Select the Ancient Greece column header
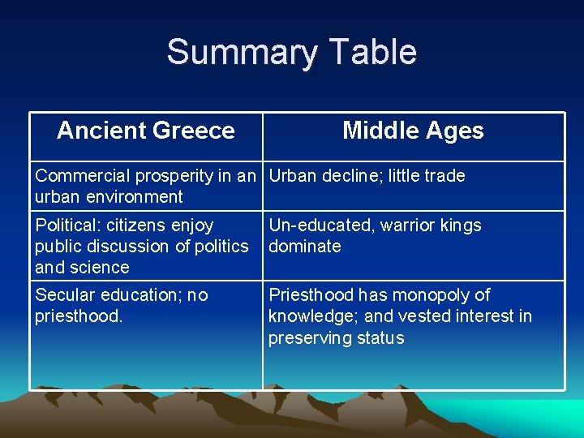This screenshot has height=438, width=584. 146,131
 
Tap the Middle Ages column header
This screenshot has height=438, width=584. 413,131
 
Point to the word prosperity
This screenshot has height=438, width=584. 168,176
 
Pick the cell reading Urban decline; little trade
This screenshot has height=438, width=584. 367,176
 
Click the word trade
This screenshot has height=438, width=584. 444,176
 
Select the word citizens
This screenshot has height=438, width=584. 141,225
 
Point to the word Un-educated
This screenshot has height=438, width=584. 314,225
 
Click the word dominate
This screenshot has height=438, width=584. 305,247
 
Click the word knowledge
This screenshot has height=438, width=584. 308,316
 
